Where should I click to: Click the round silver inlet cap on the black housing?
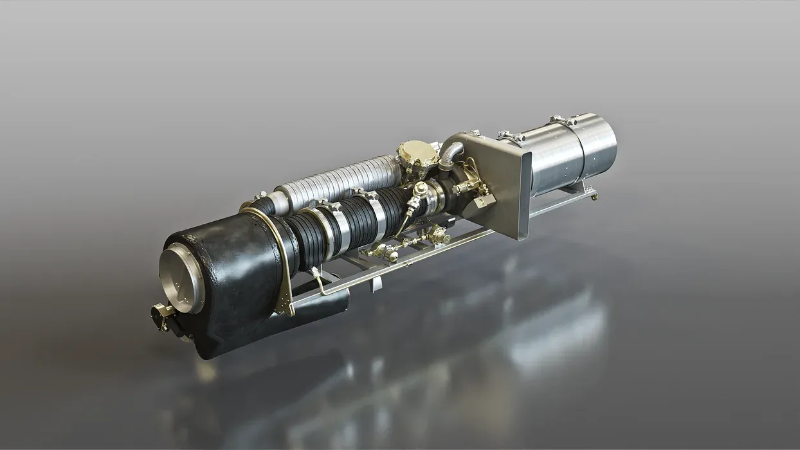pos(182,278)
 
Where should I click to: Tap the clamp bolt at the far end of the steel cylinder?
pos(562,120)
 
